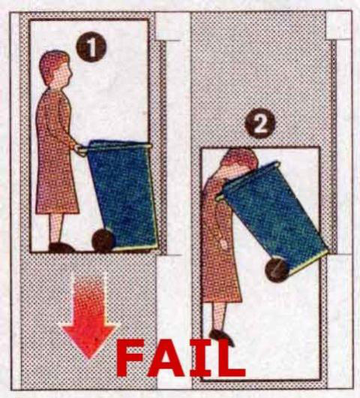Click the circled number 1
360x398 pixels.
click(x=91, y=47)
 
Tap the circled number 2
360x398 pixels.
click(x=259, y=123)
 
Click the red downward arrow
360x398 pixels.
click(x=89, y=318)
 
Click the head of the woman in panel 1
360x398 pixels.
click(x=55, y=69)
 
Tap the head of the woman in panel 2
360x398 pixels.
click(x=239, y=161)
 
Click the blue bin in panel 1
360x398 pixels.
click(x=122, y=195)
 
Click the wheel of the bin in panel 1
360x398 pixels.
click(x=103, y=240)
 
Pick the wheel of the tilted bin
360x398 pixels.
click(x=277, y=270)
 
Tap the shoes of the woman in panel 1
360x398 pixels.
click(x=61, y=248)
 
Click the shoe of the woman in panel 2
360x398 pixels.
click(x=221, y=336)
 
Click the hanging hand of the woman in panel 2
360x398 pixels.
click(x=224, y=244)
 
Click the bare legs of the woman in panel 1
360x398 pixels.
click(x=56, y=228)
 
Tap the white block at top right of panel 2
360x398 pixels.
click(x=338, y=26)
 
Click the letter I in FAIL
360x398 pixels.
click(x=201, y=358)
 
